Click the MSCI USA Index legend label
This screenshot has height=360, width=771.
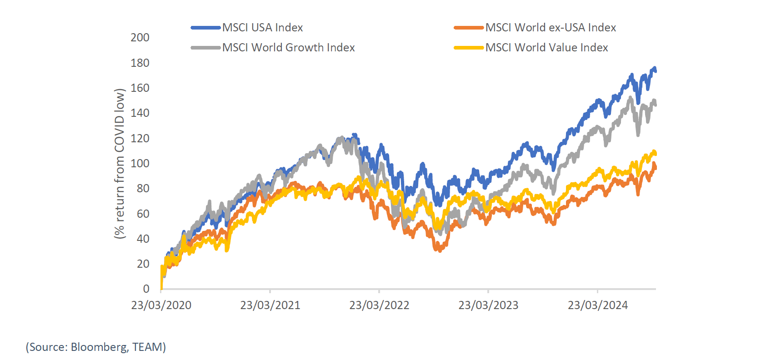tap(262, 28)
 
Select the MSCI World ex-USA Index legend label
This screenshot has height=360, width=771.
tap(551, 28)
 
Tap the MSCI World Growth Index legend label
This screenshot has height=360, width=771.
tap(288, 48)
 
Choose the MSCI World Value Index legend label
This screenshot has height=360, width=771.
tap(546, 48)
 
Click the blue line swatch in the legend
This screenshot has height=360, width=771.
tap(205, 28)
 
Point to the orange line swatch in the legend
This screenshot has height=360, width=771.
tap(468, 28)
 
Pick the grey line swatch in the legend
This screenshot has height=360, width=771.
tap(205, 48)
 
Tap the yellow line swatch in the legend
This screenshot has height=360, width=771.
tap(468, 48)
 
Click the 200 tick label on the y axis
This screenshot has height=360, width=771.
tap(140, 38)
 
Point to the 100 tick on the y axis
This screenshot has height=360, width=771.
tap(140, 163)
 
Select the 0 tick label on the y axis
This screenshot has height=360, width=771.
tap(146, 289)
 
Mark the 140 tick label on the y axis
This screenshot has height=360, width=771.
tap(140, 113)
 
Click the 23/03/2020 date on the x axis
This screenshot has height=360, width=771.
tap(161, 305)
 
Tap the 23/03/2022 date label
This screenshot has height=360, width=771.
tap(379, 305)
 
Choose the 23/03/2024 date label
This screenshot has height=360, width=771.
tap(597, 305)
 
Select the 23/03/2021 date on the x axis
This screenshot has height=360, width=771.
tap(270, 305)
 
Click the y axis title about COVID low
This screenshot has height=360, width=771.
tap(120, 164)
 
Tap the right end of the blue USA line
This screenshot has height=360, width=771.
tap(655, 71)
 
